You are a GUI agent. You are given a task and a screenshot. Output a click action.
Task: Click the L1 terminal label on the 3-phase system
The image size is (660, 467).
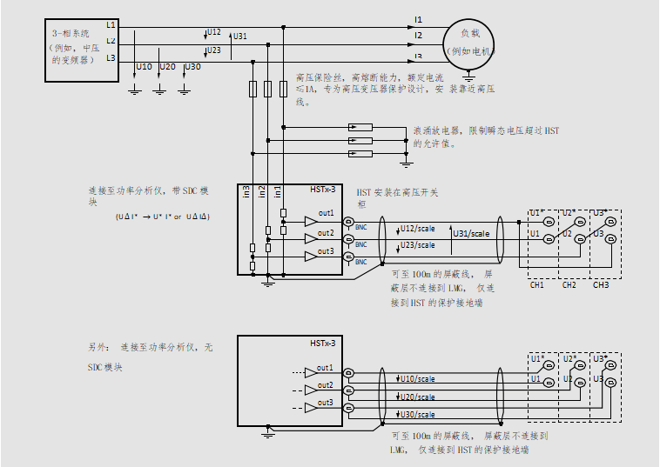click(111, 24)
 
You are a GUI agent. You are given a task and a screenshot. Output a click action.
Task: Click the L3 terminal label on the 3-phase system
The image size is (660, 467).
click(111, 57)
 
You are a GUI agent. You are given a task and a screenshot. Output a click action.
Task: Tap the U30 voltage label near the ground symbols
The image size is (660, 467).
click(192, 67)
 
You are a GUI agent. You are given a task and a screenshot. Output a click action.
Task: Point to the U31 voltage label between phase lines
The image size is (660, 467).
click(239, 37)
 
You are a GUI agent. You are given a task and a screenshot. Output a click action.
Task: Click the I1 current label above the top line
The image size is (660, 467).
click(418, 19)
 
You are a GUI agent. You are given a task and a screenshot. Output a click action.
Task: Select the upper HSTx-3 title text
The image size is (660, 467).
click(323, 190)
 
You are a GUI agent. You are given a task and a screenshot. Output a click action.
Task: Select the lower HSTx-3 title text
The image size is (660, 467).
click(323, 344)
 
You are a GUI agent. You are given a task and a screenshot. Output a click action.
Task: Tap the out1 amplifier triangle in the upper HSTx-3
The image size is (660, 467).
click(311, 222)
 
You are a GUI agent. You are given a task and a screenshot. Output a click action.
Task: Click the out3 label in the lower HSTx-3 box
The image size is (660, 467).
click(326, 403)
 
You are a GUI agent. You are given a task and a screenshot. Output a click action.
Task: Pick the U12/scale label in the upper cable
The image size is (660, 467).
click(415, 228)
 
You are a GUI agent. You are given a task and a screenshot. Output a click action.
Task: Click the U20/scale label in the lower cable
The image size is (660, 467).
click(417, 397)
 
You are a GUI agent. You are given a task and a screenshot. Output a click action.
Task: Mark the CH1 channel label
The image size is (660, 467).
click(536, 284)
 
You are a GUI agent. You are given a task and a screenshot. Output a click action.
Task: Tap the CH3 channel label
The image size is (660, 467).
click(601, 284)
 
